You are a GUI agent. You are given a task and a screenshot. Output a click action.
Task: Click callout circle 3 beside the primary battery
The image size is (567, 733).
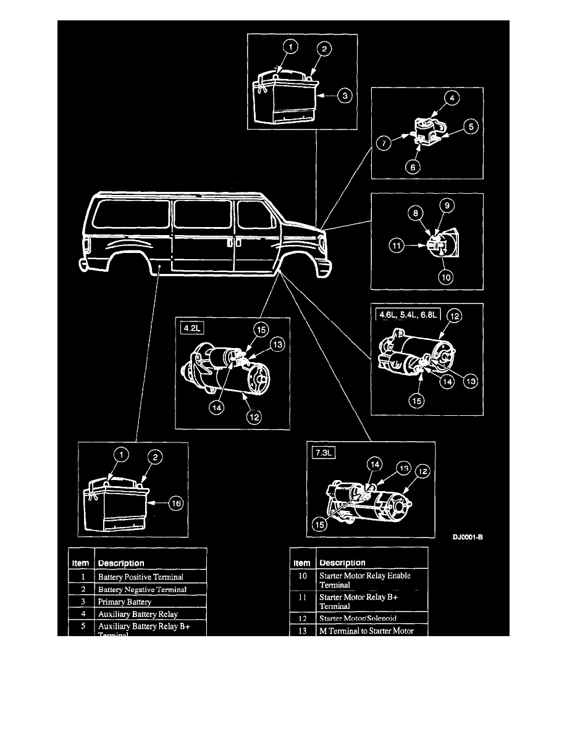(346, 96)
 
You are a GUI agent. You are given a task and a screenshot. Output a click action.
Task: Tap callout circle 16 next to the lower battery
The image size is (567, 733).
(177, 503)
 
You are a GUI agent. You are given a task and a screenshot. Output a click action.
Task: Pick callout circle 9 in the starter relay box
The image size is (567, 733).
(447, 204)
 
